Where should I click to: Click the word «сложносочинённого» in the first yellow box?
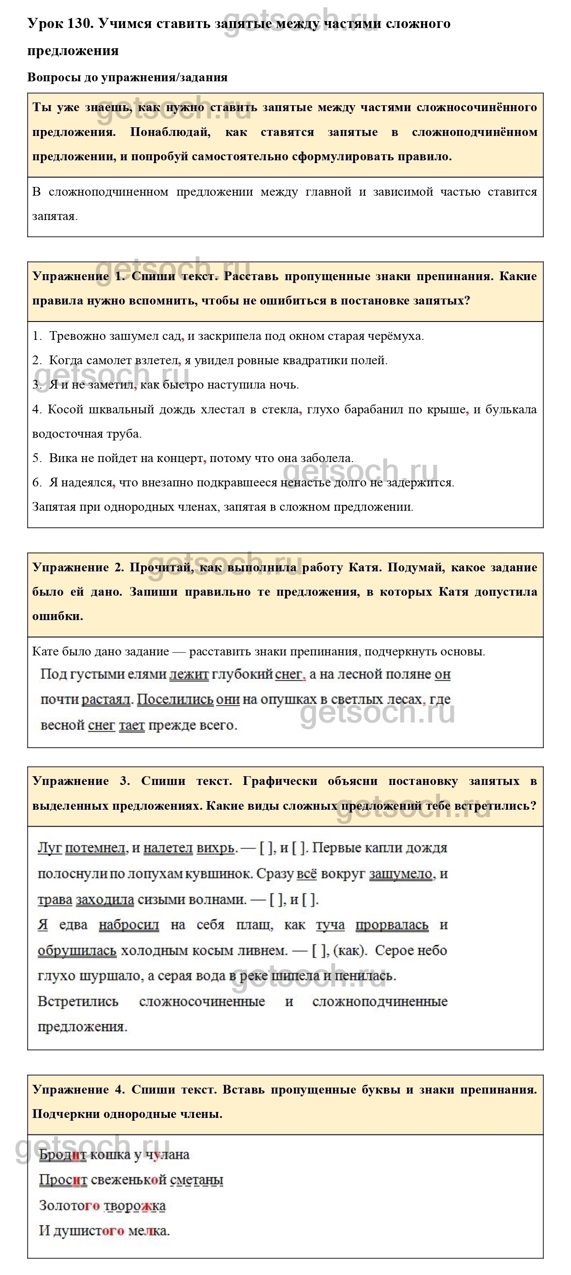(x=476, y=107)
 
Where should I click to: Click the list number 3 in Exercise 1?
(x=36, y=384)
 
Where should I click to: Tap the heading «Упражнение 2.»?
(x=78, y=567)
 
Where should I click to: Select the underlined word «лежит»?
(x=188, y=674)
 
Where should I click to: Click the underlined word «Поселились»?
(x=175, y=700)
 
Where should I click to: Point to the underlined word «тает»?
(x=132, y=725)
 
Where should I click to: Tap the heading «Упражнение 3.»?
(x=81, y=781)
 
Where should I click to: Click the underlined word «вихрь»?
(x=215, y=848)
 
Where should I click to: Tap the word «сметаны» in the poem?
(x=197, y=1180)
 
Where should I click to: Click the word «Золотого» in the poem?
(x=69, y=1205)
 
